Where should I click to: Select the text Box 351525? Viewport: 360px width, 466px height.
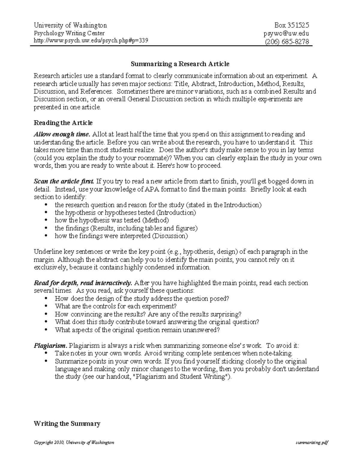(x=292, y=25)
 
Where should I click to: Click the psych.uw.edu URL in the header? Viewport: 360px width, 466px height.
(x=91, y=41)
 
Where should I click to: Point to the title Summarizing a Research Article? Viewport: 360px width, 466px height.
(x=180, y=64)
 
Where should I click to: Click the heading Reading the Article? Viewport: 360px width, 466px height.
(x=63, y=123)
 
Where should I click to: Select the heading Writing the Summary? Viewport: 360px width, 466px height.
(x=67, y=423)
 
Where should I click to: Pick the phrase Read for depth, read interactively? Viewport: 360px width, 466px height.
(x=83, y=283)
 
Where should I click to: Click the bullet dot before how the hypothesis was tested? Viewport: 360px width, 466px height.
(x=46, y=221)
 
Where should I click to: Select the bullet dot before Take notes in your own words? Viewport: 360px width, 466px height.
(x=46, y=353)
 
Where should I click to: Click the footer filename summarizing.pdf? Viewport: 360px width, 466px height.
(x=312, y=443)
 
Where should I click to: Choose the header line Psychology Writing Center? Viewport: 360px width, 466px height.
(x=69, y=33)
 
